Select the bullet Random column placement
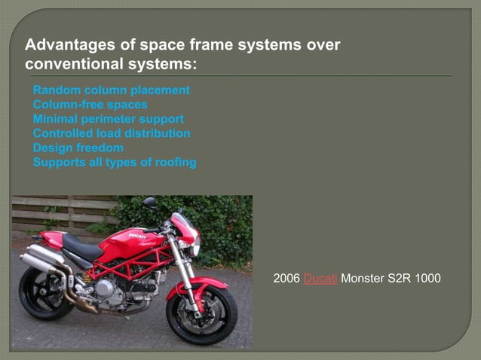111,90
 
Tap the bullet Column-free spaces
90,105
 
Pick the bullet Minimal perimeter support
108,119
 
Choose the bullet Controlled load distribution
111,133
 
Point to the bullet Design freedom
78,148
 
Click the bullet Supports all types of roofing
114,162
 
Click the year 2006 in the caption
286,280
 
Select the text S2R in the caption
401,280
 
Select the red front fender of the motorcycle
200,284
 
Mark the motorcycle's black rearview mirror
149,203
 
